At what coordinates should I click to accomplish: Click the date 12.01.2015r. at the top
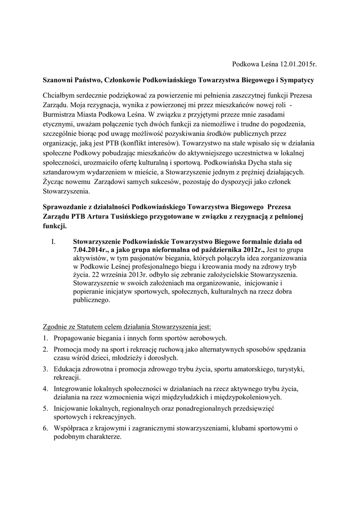click(x=298, y=64)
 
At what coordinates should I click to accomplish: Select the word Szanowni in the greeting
click(x=58, y=79)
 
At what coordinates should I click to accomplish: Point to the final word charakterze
click(x=102, y=438)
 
